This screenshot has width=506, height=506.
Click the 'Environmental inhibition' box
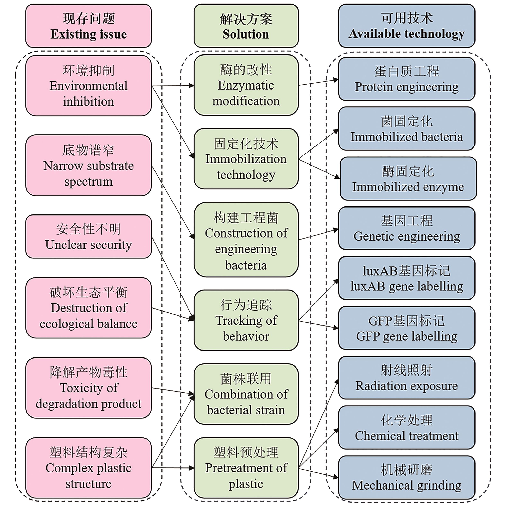click(89, 86)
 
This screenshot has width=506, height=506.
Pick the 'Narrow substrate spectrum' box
click(89, 166)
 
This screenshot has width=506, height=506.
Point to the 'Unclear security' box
click(89, 236)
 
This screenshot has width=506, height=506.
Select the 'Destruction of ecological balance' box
click(89, 308)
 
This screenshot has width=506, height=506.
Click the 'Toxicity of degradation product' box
click(89, 388)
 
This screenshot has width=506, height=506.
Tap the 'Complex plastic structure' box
click(89, 468)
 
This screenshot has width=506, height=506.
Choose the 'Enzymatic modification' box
click(246, 85)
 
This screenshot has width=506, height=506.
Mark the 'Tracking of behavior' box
click(246, 320)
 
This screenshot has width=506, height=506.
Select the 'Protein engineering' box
click(407, 79)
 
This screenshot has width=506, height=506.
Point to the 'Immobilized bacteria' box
click(407, 129)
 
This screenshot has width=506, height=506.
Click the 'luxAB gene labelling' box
click(407, 278)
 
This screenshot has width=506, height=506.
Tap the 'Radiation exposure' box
click(407, 378)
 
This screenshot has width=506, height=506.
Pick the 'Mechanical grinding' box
click(407, 478)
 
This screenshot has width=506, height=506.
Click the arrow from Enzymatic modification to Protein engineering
click(318, 82)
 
